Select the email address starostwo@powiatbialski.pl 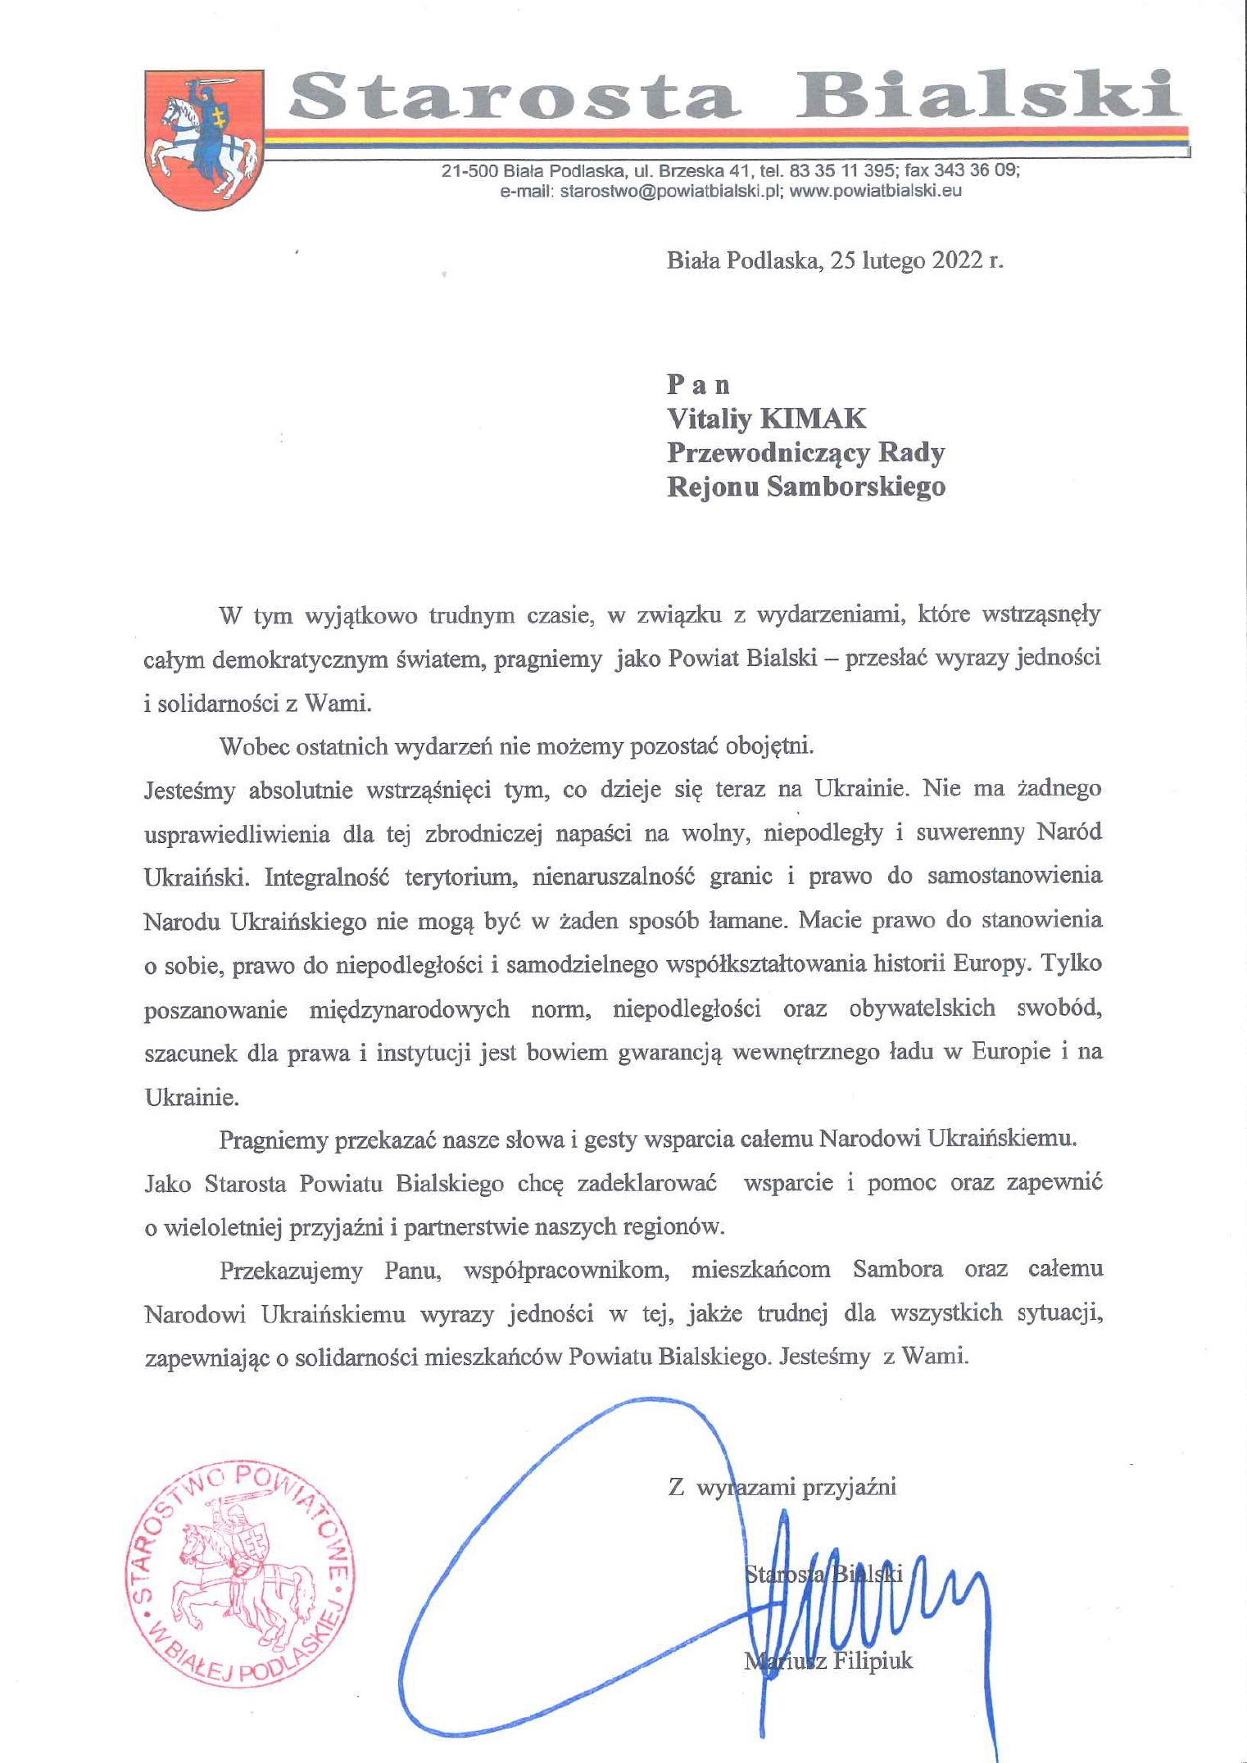(668, 192)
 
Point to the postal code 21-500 (469, 171)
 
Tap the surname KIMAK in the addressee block (813, 419)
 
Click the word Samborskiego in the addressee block (855, 487)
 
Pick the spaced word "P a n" (698, 384)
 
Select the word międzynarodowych (409, 1009)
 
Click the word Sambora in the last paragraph (897, 1270)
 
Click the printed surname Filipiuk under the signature (873, 1661)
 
